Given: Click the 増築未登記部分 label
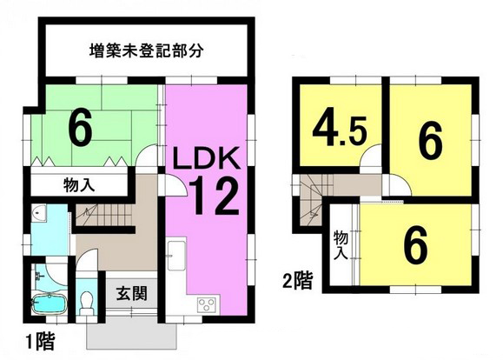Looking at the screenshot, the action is [146, 50].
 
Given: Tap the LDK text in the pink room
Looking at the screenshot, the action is [207, 158].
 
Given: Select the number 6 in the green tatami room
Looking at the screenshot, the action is [81, 130].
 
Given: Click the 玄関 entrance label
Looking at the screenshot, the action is [131, 293].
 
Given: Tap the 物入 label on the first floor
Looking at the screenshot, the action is [79, 185].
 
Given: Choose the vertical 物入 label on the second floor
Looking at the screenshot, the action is [341, 245].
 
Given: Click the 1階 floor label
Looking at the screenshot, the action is [41, 342].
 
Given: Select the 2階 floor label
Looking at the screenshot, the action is [298, 281].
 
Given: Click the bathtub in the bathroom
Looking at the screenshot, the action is [50, 303].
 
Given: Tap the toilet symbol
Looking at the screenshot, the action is [86, 303].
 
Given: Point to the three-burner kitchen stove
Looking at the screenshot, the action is [207, 305].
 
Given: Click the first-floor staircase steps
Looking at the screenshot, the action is [104, 214].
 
